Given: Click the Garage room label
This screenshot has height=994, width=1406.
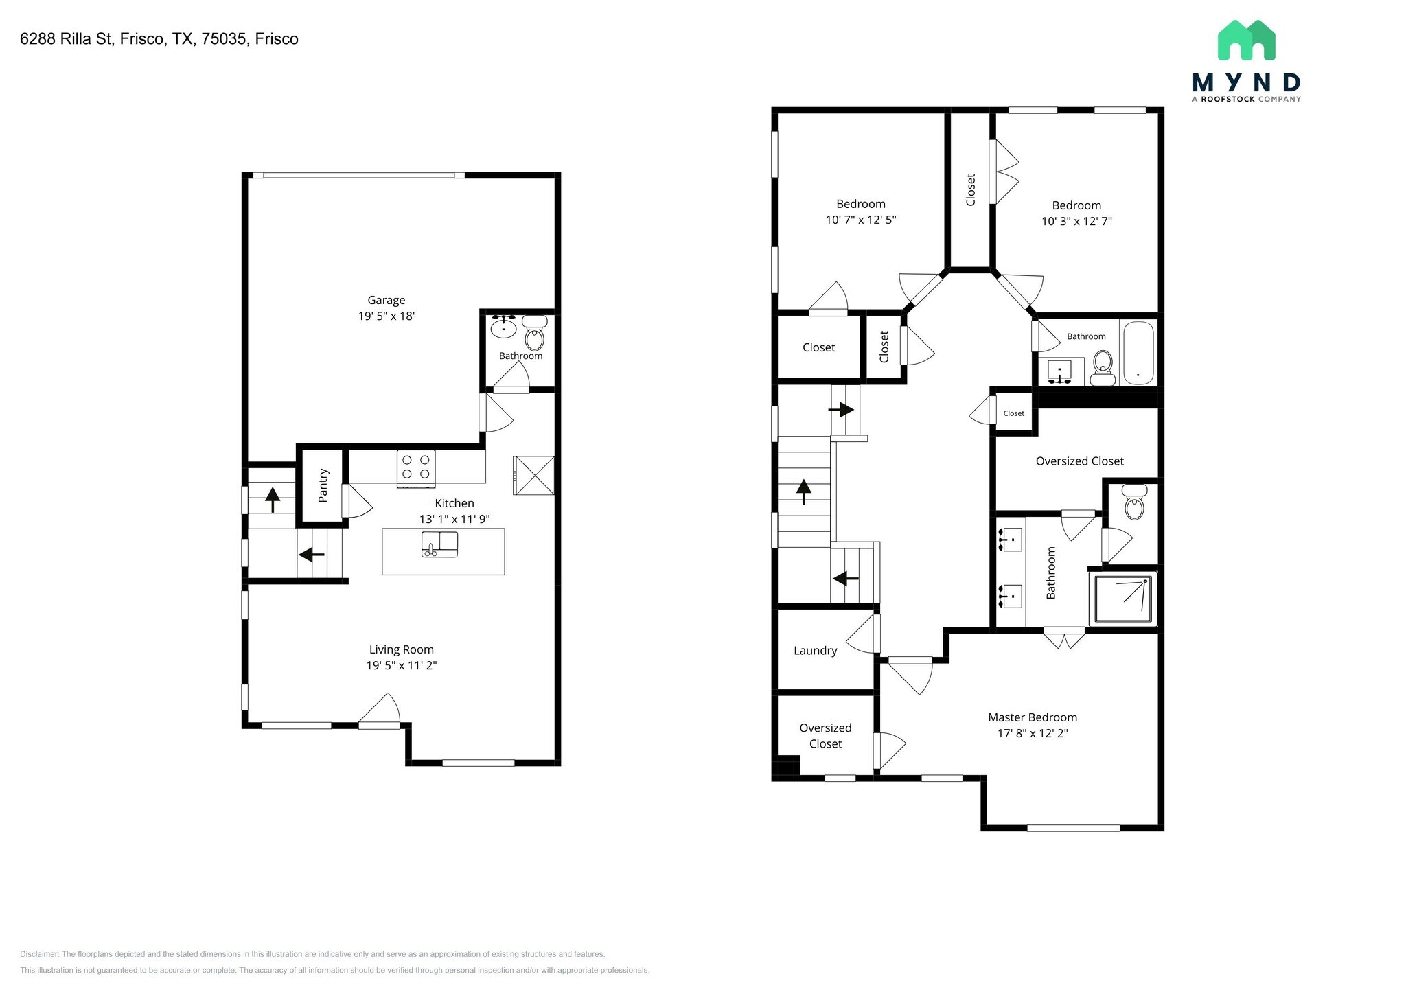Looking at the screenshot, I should [x=386, y=300].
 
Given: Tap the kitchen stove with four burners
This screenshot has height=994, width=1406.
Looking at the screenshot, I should [x=415, y=467].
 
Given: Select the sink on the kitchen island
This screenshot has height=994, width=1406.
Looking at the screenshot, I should [x=439, y=544].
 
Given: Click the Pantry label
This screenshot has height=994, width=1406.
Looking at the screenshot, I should [x=323, y=485].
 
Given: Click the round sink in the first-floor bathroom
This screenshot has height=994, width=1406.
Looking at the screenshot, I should [x=504, y=327].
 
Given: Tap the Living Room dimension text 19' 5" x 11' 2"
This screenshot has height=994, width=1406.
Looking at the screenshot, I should [x=402, y=665].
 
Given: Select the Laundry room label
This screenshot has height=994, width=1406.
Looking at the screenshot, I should [x=815, y=651].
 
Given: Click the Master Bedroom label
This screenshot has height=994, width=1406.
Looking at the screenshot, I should [x=1033, y=717].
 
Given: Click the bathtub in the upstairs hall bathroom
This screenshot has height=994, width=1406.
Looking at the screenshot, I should [x=1138, y=353].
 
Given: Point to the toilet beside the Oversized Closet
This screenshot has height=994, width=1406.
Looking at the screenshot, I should [x=1134, y=502].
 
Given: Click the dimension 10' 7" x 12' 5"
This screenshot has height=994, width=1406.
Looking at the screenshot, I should [x=861, y=220].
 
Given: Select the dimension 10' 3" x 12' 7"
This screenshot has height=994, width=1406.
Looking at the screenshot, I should [x=1076, y=221].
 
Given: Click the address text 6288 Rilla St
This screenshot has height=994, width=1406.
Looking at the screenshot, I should [x=66, y=39].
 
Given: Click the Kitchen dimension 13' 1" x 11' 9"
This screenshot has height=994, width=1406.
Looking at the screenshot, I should [x=454, y=519].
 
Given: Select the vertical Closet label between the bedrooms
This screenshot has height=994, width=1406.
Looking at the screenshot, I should [x=971, y=189].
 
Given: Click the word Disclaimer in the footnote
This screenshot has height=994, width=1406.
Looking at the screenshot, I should [x=39, y=954].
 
